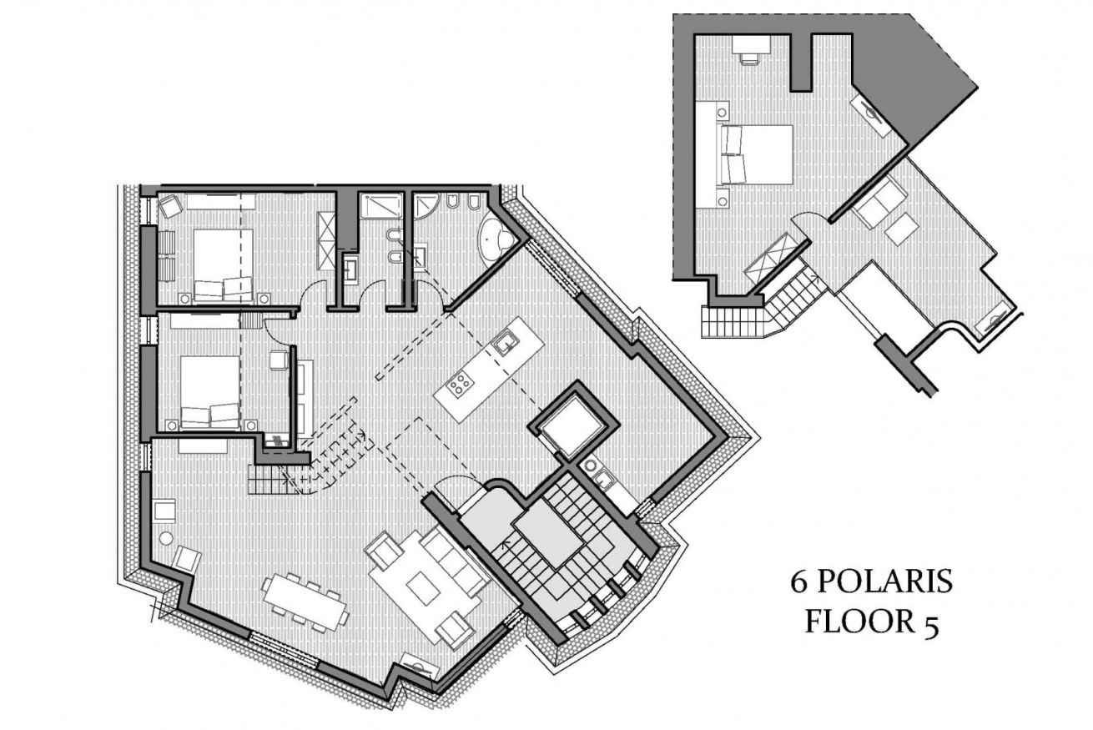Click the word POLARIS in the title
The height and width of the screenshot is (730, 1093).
click(x=884, y=581)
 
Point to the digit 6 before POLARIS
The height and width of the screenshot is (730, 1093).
click(x=798, y=582)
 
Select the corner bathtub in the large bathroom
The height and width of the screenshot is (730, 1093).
click(x=496, y=242)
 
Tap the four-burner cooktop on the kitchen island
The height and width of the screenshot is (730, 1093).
click(x=460, y=383)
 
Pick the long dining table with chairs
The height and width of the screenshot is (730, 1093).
click(x=306, y=602)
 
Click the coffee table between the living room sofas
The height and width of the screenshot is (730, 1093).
click(x=424, y=588)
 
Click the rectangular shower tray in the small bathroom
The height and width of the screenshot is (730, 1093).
click(x=381, y=206)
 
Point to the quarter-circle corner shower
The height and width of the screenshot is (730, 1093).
click(x=426, y=205)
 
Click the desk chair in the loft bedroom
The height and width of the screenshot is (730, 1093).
click(x=749, y=58)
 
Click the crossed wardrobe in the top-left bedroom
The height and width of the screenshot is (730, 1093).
click(x=326, y=240)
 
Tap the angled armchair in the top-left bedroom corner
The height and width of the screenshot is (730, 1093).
click(x=170, y=206)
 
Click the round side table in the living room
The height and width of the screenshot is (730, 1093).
click(x=166, y=539)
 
